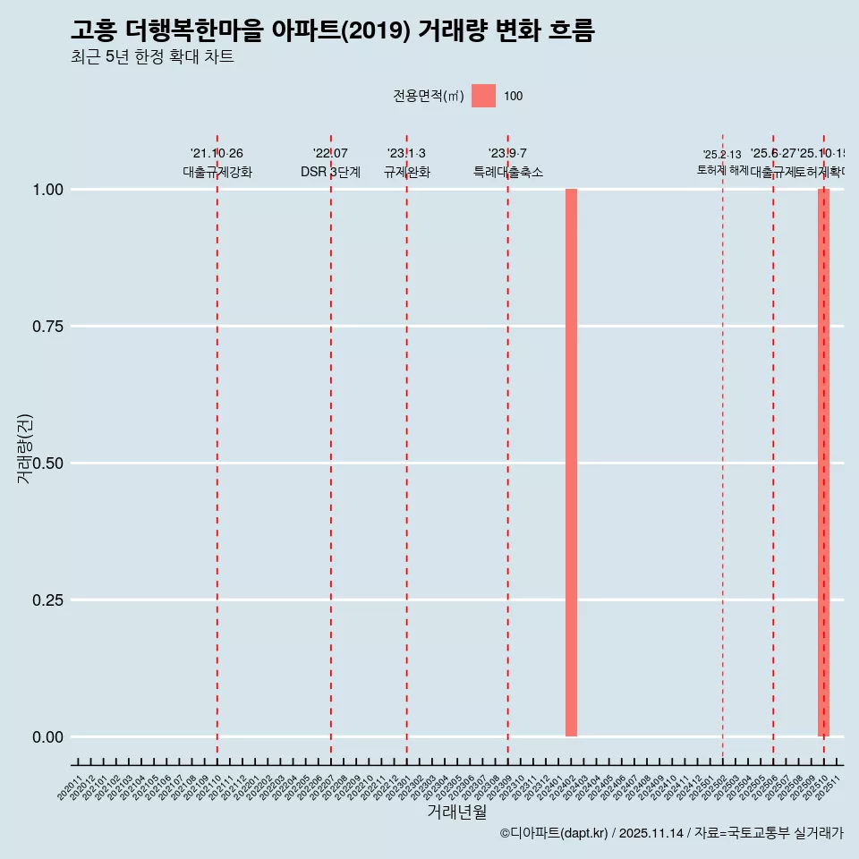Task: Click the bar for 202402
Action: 571,463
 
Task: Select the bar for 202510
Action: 823,463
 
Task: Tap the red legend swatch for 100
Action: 483,96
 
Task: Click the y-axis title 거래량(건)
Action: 25,448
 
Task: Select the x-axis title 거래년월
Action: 456,812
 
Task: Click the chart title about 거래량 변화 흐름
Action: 332,30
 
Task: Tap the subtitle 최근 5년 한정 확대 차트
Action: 152,58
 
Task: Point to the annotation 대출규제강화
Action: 217,172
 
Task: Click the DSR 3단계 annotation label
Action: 330,172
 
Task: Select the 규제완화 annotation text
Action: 407,172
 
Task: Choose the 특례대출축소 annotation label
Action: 508,172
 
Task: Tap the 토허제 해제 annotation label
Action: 722,170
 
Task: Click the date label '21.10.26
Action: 217,154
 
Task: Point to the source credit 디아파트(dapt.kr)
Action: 555,833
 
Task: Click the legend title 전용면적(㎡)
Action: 429,96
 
